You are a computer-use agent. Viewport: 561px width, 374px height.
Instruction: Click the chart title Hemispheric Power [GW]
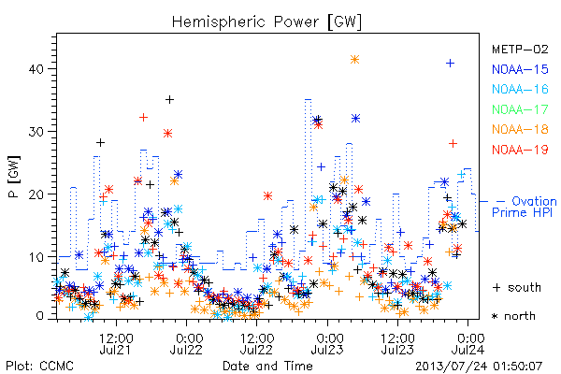tap(266, 22)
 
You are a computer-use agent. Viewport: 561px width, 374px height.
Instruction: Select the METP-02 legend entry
tap(520, 49)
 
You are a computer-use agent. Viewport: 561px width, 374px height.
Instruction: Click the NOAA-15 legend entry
tap(520, 69)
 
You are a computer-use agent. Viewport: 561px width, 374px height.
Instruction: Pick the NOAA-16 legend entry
tap(520, 89)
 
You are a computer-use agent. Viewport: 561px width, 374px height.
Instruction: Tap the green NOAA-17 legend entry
tap(520, 109)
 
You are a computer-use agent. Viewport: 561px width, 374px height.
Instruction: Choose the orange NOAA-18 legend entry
tap(520, 129)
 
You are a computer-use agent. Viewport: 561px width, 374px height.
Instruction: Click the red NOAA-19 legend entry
tap(520, 150)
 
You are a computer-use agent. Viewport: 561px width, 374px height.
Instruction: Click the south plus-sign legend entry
tap(517, 287)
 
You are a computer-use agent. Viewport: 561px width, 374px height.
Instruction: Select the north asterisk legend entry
tap(513, 316)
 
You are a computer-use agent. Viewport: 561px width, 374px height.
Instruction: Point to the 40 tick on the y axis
tap(36, 68)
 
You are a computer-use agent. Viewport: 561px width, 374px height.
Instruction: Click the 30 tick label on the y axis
tap(36, 131)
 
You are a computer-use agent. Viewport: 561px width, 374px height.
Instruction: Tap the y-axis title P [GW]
tap(14, 177)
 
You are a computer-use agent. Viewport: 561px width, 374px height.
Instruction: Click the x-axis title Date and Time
tap(267, 366)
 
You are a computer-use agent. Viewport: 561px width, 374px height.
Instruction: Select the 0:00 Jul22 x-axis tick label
tap(186, 343)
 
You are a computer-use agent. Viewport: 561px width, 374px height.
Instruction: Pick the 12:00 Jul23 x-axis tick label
tap(397, 343)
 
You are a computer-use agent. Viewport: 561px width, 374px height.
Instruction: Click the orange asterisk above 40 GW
tap(354, 60)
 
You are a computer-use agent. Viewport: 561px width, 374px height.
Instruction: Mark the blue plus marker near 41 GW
tap(450, 64)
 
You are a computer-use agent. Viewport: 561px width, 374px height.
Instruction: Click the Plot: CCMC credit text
tap(39, 366)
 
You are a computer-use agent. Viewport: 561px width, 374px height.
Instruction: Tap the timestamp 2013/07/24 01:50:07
tap(479, 366)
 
